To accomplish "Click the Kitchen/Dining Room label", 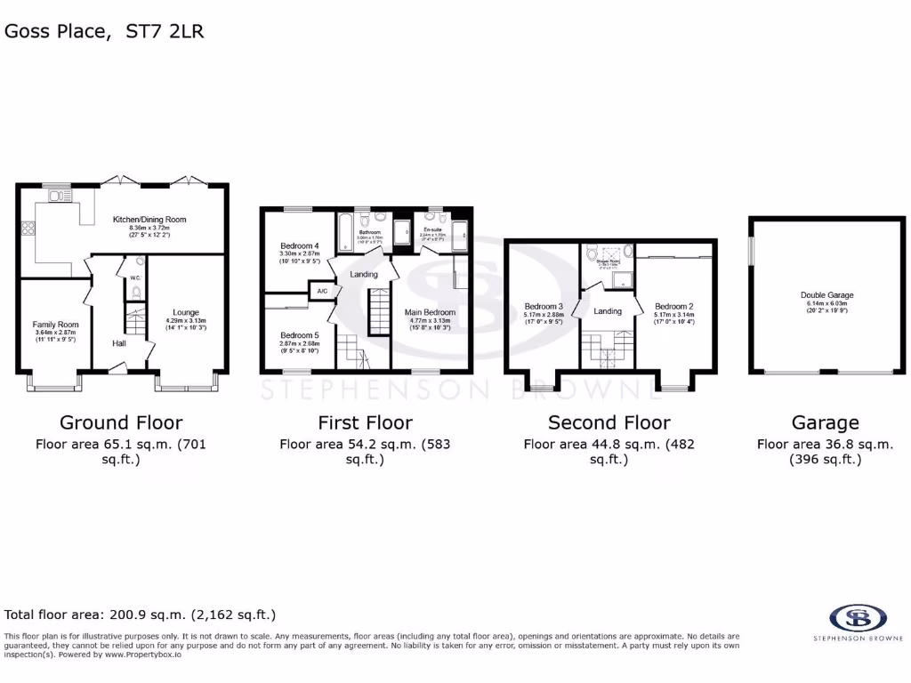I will (149, 219).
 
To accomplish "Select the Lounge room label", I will (186, 312).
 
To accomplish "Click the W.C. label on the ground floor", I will (134, 277).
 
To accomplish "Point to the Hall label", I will (119, 342).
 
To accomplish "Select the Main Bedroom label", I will (430, 312).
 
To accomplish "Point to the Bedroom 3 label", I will (542, 306).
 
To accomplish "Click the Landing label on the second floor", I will (608, 311).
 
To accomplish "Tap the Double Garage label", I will (827, 295).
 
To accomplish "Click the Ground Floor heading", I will (121, 422).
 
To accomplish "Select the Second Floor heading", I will (609, 422).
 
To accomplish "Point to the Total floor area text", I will (141, 615).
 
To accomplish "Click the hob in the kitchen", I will (28, 228).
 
